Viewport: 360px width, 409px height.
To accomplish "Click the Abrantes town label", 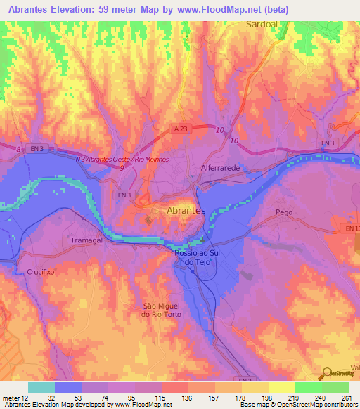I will coord(186,210).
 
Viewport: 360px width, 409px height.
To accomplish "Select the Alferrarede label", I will coord(221,169).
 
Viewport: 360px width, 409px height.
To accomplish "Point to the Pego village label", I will coord(284,212).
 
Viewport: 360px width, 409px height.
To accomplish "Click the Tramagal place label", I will coord(87,240).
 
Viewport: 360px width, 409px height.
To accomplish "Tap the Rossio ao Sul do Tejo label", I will coord(198,257).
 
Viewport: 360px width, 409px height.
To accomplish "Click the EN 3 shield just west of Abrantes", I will coord(125,194).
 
